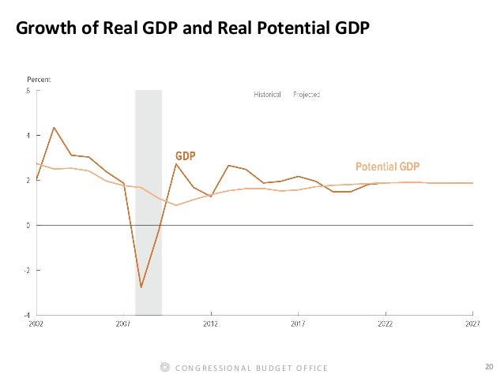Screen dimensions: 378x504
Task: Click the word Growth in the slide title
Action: (43, 29)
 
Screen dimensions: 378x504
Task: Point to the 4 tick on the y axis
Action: (29, 136)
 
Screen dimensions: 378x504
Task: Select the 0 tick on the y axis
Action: (29, 225)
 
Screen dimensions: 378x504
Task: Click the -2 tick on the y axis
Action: (28, 270)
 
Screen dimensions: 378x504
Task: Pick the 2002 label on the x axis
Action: (36, 324)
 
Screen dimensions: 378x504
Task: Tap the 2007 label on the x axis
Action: (123, 324)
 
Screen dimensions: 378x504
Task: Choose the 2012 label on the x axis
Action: (211, 324)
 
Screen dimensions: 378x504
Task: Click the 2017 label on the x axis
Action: (298, 324)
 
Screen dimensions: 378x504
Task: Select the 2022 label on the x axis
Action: (386, 324)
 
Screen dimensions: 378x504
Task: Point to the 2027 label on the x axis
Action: (472, 324)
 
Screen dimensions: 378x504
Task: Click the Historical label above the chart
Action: (267, 95)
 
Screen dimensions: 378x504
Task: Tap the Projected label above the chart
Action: (306, 95)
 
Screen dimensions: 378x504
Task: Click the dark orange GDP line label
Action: (185, 155)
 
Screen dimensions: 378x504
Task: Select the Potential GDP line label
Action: (387, 167)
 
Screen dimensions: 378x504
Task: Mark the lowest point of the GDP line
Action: (141, 287)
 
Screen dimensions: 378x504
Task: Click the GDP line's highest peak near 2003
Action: (54, 127)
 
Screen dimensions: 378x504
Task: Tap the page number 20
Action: (489, 366)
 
